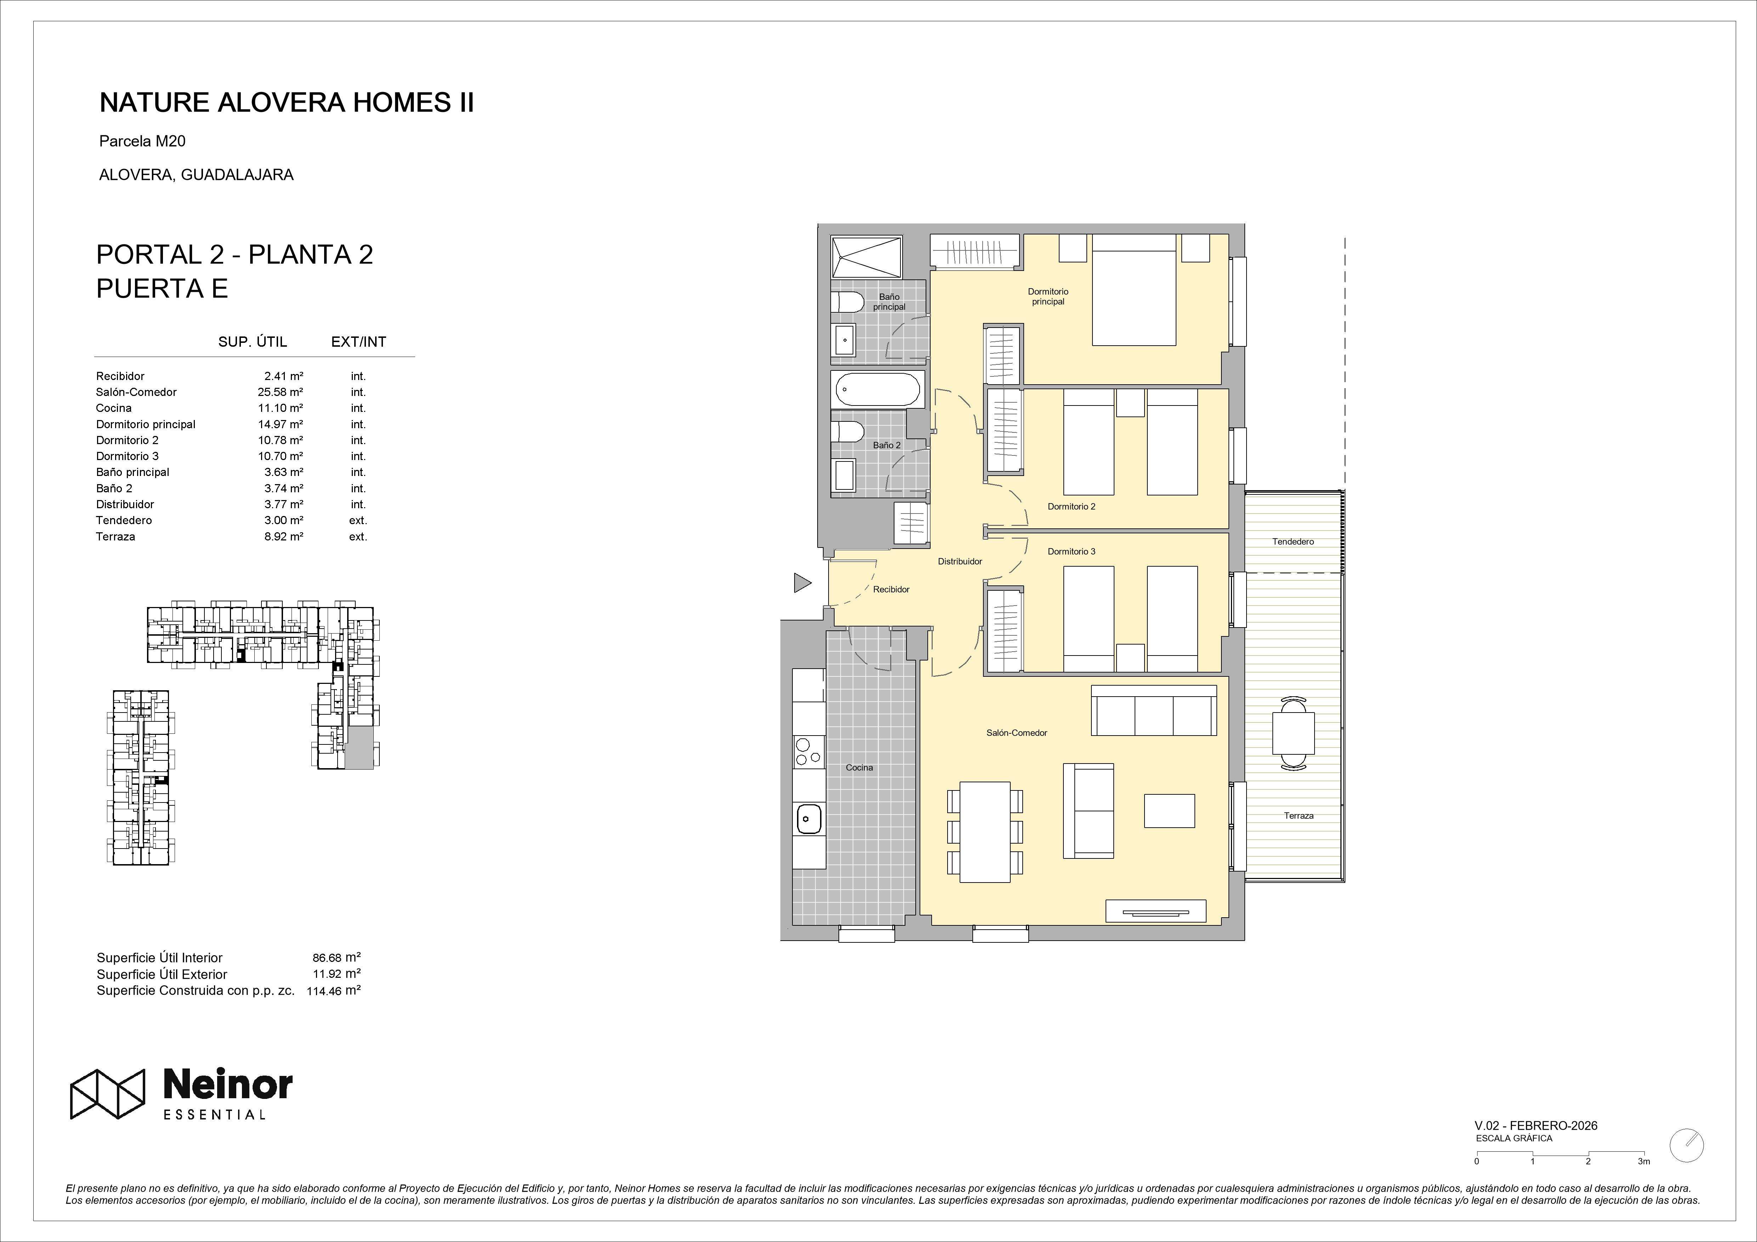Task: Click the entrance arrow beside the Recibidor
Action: (801, 583)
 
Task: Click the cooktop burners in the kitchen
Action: (808, 752)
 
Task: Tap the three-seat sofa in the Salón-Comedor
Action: (1153, 710)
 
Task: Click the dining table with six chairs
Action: (985, 832)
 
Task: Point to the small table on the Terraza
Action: (1293, 732)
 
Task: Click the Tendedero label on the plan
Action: (1293, 542)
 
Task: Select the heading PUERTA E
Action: (162, 289)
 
